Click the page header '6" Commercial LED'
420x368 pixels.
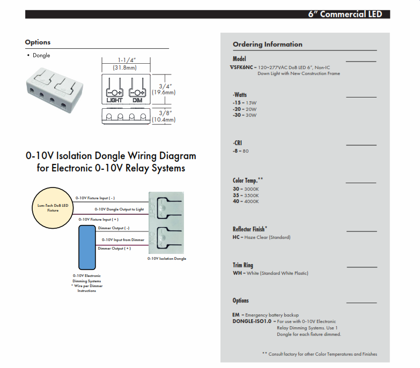(345, 14)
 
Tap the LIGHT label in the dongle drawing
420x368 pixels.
(115, 100)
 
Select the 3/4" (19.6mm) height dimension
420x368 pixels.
(163, 89)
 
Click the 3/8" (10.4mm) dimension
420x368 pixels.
(163, 116)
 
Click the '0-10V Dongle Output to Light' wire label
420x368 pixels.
(119, 209)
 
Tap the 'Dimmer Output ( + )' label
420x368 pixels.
(114, 249)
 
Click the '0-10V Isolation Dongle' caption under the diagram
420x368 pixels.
(167, 258)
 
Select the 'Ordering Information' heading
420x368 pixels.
(267, 44)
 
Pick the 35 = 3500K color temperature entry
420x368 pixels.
(246, 196)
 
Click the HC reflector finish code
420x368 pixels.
(236, 237)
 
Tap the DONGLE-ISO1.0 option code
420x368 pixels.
(252, 321)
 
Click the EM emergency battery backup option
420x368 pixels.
(236, 315)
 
